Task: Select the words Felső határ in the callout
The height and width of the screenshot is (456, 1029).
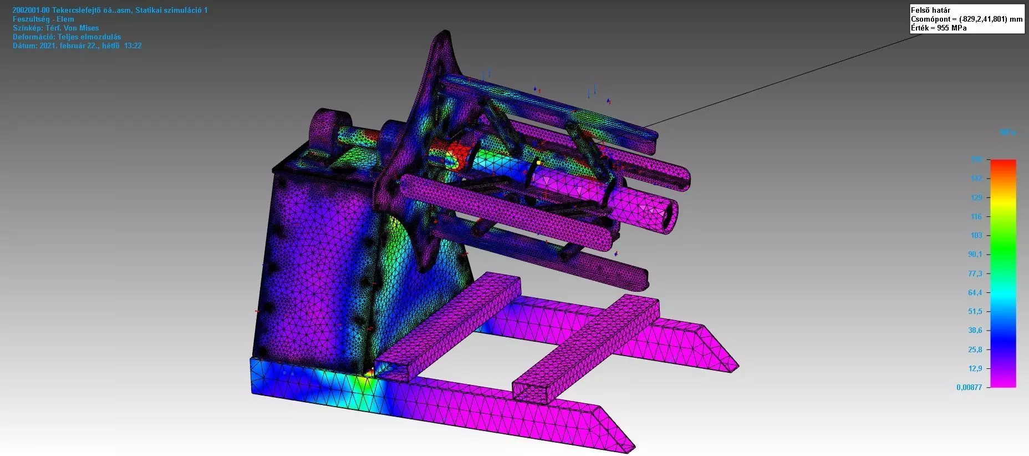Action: pos(930,10)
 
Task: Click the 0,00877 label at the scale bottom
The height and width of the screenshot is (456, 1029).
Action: pos(969,387)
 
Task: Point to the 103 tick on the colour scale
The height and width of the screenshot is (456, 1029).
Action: pos(976,235)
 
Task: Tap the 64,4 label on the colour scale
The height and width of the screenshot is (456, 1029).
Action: pos(975,292)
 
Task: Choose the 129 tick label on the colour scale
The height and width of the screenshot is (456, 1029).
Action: pos(976,197)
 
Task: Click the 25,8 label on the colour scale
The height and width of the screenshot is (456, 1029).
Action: pos(975,349)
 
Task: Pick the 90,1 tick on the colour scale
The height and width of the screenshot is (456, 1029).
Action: pos(975,254)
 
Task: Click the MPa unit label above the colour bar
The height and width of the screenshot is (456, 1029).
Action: pos(1007,133)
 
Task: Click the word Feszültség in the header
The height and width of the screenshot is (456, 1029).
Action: pos(31,19)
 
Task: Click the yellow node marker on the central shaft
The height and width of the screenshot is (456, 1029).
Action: pos(538,163)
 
